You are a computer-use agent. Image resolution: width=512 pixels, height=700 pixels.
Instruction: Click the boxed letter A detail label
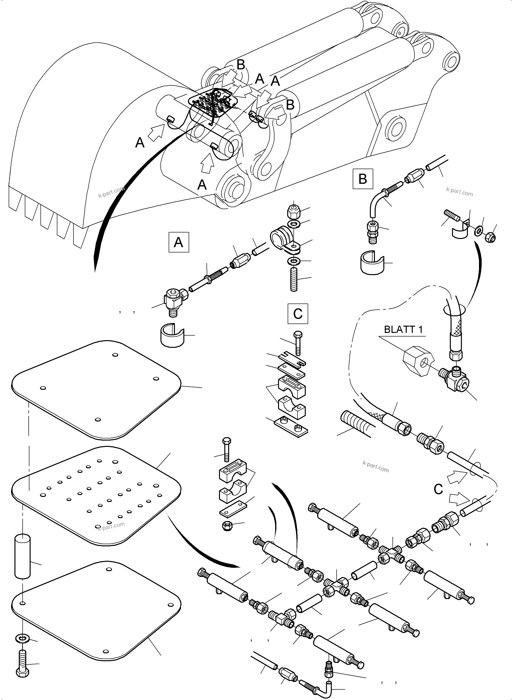179,242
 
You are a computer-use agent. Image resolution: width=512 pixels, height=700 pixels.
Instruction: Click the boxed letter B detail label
362,179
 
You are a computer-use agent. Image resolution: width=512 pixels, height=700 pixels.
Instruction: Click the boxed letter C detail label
298,314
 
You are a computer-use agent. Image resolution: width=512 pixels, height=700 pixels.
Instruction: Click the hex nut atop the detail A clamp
293,211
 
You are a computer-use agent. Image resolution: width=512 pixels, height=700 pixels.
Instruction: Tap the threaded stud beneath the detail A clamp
294,279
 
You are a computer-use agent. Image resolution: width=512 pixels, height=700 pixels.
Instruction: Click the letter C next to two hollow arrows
438,489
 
